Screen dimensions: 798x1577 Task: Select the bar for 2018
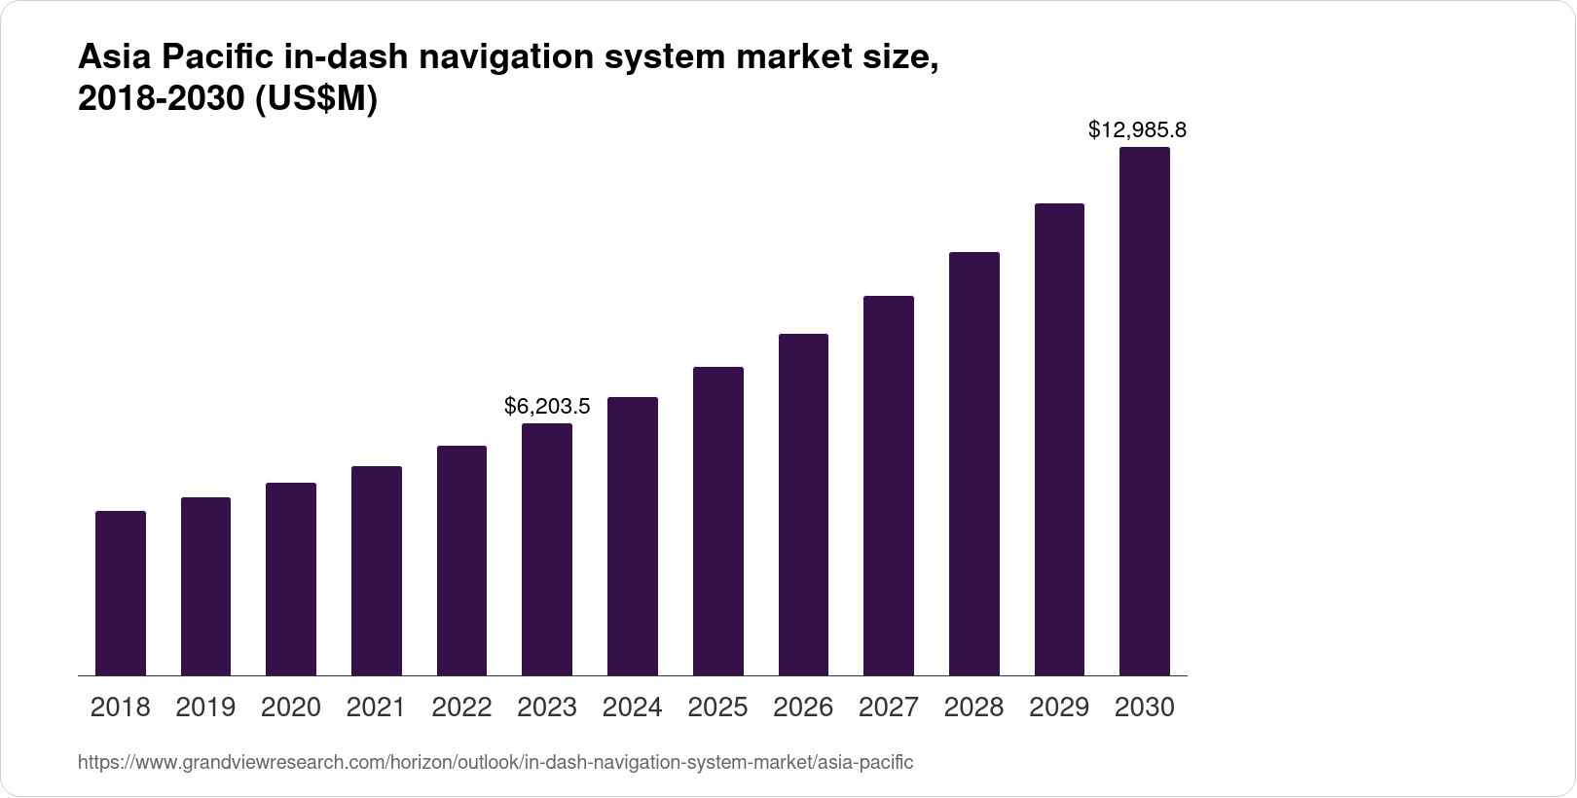tap(121, 593)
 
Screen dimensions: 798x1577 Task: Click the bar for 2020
tap(291, 579)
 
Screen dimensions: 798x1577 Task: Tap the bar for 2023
tap(547, 549)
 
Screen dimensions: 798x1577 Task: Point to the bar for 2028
tap(974, 463)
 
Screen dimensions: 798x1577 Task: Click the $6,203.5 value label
tap(547, 406)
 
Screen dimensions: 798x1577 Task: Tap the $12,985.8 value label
tap(1137, 129)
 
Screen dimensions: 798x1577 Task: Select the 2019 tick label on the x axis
tap(205, 707)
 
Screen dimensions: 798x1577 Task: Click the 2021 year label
tap(376, 707)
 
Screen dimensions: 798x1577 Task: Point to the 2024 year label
tap(633, 707)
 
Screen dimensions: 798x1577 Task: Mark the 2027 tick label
tap(889, 707)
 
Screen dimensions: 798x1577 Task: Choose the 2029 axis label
tap(1059, 707)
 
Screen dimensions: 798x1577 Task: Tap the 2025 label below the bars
tap(717, 707)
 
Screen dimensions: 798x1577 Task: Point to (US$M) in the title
tap(316, 99)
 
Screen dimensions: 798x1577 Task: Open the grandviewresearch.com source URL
tap(495, 762)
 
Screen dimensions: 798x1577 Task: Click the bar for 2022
tap(461, 561)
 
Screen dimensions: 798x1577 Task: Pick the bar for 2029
tap(1059, 439)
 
